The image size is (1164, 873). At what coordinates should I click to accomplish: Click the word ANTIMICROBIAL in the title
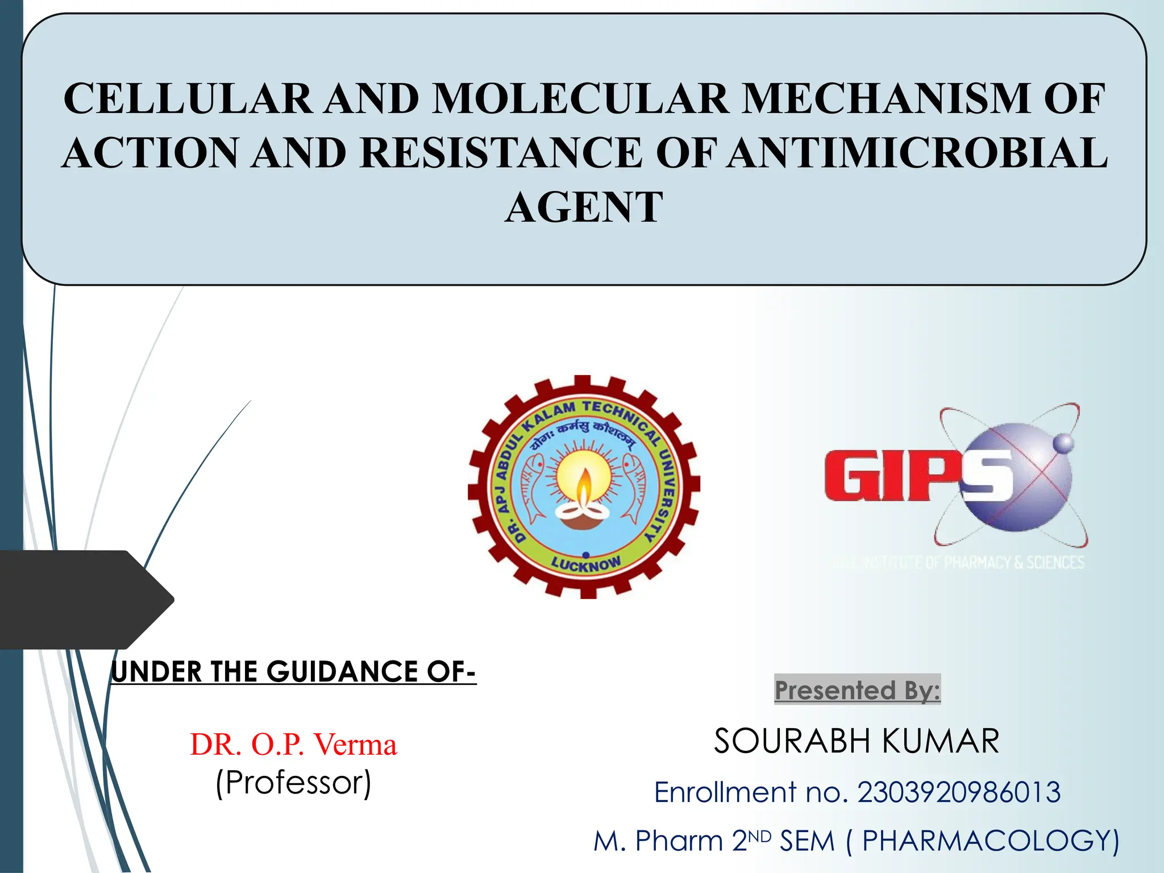[918, 153]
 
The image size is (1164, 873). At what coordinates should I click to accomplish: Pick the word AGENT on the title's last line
[584, 207]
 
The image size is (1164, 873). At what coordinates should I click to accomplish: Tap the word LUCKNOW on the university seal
[587, 564]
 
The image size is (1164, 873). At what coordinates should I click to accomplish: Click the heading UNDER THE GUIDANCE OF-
[293, 672]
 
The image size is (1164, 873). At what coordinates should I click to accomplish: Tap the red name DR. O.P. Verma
[293, 745]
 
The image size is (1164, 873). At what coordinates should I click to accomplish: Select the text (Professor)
[293, 783]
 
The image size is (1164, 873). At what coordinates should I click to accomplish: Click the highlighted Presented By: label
[857, 690]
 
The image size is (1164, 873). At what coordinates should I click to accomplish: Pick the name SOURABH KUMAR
[857, 741]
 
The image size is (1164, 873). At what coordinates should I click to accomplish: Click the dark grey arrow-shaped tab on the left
[80, 600]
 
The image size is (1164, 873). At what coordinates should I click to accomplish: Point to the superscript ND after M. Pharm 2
[759, 836]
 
